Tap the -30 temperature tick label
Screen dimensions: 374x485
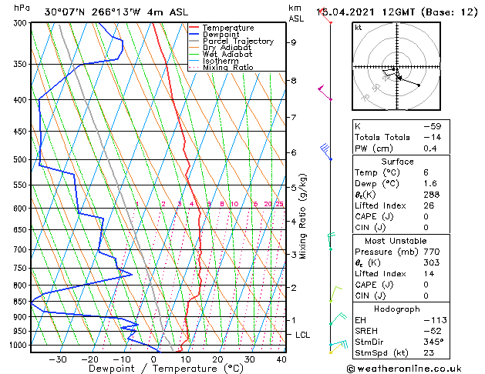[58, 359]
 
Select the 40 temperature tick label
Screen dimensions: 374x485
[281, 359]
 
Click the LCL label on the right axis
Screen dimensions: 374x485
[302, 335]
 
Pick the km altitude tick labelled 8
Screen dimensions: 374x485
[293, 80]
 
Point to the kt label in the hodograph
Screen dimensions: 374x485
[359, 28]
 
